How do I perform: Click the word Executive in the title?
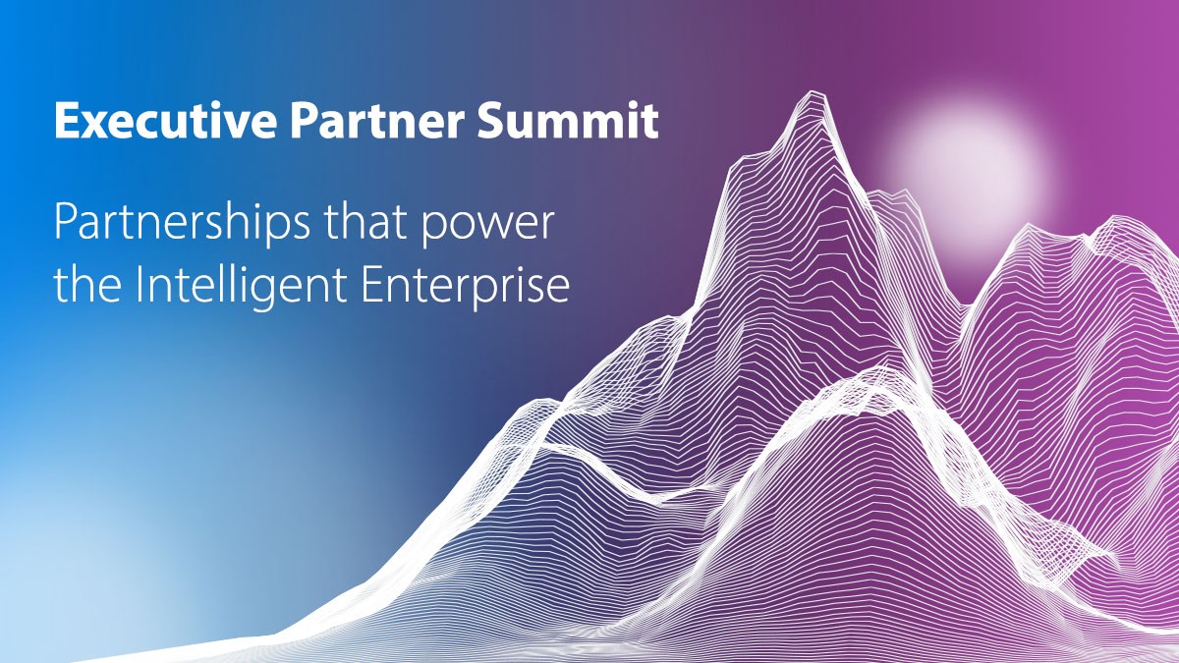(x=167, y=122)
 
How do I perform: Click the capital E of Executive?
(x=65, y=122)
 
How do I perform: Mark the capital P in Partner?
(x=305, y=122)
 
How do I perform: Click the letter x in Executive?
(x=89, y=125)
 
